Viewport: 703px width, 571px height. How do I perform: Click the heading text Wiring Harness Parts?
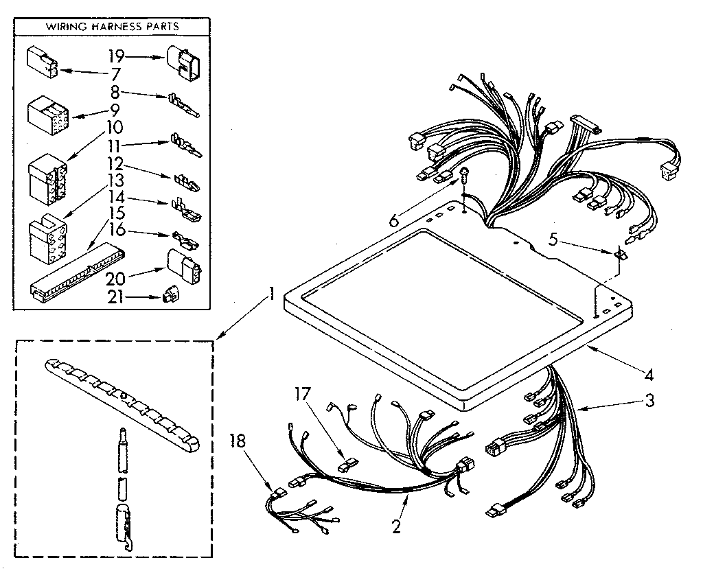(113, 26)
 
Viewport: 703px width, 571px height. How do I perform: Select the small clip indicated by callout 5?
(621, 253)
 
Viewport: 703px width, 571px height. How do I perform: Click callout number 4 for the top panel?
(649, 375)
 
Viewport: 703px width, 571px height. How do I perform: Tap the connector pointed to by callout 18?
(277, 492)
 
